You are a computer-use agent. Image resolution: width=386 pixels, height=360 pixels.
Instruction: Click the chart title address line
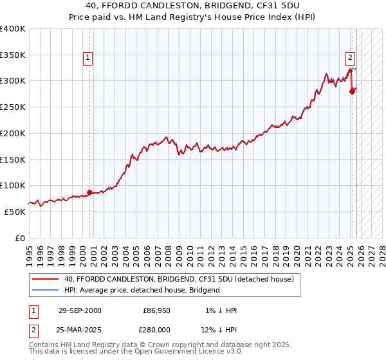[x=193, y=5]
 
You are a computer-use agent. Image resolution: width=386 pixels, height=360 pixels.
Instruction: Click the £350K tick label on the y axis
[x=13, y=55]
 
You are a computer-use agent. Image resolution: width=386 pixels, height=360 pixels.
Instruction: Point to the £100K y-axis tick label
[x=13, y=185]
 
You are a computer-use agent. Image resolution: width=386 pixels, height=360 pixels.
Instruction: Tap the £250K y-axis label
[x=13, y=107]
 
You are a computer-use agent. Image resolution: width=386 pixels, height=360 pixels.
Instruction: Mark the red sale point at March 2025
[x=352, y=91]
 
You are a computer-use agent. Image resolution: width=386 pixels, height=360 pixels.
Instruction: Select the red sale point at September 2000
[x=90, y=192]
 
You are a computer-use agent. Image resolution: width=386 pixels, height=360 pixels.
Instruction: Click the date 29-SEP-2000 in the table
[x=80, y=310]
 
